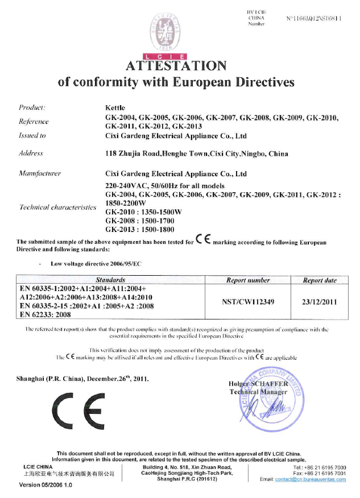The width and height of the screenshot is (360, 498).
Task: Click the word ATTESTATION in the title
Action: [179, 66]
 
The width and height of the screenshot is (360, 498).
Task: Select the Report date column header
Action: [320, 280]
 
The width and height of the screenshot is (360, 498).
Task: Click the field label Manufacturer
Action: [40, 172]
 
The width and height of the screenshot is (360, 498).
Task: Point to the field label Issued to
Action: [32, 136]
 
